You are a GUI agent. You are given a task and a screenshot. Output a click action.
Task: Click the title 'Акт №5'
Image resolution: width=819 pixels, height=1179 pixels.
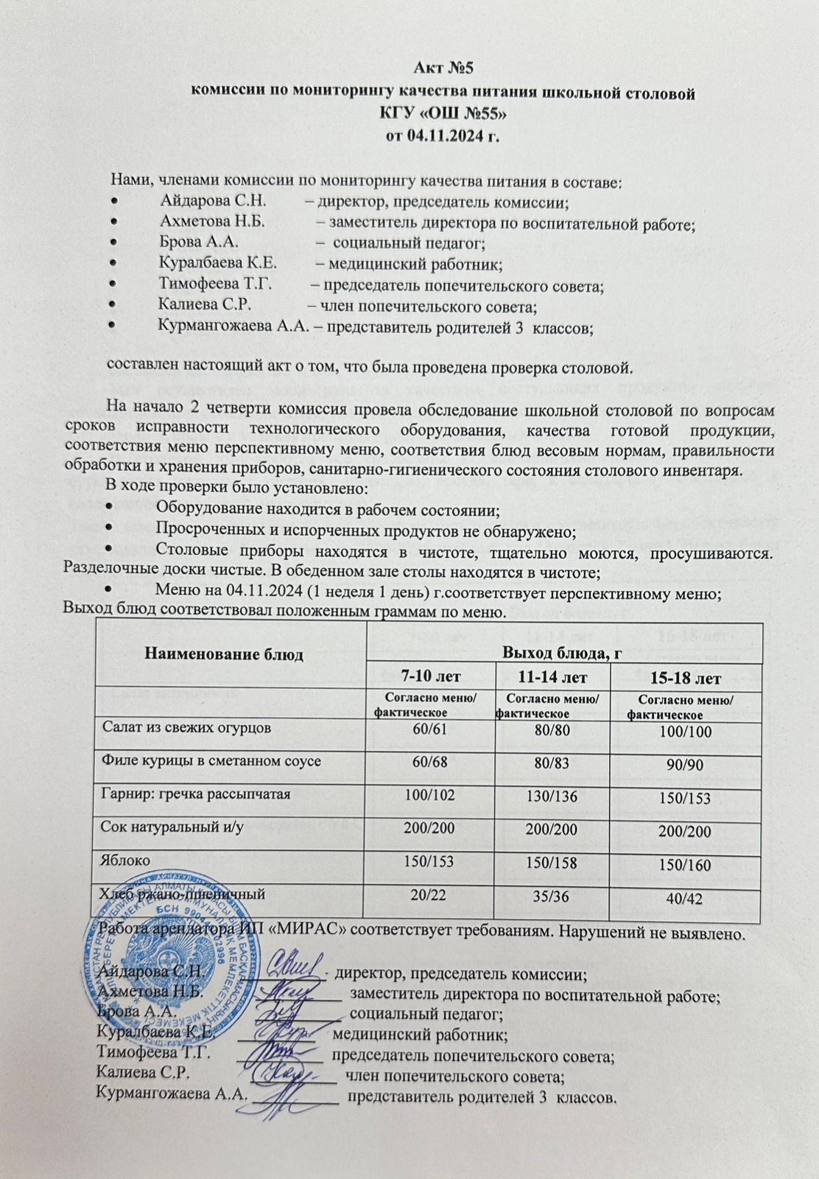click(x=443, y=69)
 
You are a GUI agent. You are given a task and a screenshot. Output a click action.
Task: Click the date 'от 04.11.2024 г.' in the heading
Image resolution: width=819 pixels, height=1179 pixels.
click(x=443, y=136)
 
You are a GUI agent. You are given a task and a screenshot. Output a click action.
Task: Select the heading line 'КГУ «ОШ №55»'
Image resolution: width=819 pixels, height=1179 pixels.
click(x=443, y=113)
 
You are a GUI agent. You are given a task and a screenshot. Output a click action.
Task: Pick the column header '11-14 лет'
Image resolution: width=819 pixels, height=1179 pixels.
click(x=555, y=676)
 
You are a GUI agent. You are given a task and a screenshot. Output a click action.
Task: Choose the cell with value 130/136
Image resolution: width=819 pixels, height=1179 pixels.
click(x=556, y=797)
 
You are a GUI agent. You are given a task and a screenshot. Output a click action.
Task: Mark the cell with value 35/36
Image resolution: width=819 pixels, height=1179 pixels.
click(x=556, y=898)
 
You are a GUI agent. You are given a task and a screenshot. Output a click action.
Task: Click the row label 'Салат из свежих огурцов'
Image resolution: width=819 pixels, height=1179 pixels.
click(x=186, y=727)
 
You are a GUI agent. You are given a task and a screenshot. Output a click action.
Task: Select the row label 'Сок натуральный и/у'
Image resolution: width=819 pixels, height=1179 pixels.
click(x=172, y=827)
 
